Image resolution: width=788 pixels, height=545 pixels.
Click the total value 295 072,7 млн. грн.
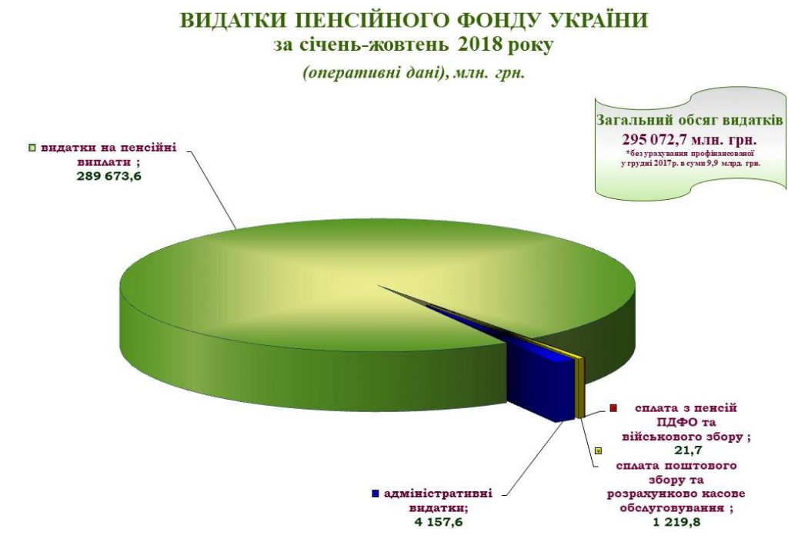[x=689, y=138]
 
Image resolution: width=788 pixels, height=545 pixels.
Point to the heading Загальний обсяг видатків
[x=689, y=121]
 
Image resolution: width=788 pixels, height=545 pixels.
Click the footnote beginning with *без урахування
[x=689, y=158]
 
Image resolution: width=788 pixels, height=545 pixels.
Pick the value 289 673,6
[x=109, y=176]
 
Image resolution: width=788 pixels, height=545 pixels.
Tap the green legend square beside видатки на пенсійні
[x=32, y=148]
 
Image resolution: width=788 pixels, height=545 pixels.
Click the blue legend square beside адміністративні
[x=375, y=493]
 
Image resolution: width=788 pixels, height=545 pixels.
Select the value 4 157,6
[x=438, y=522]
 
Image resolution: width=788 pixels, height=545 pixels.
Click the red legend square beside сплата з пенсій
[x=613, y=407]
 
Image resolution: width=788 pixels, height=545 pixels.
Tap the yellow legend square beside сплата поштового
[x=598, y=450]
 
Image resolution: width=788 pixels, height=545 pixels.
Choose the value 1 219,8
[x=676, y=522]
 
